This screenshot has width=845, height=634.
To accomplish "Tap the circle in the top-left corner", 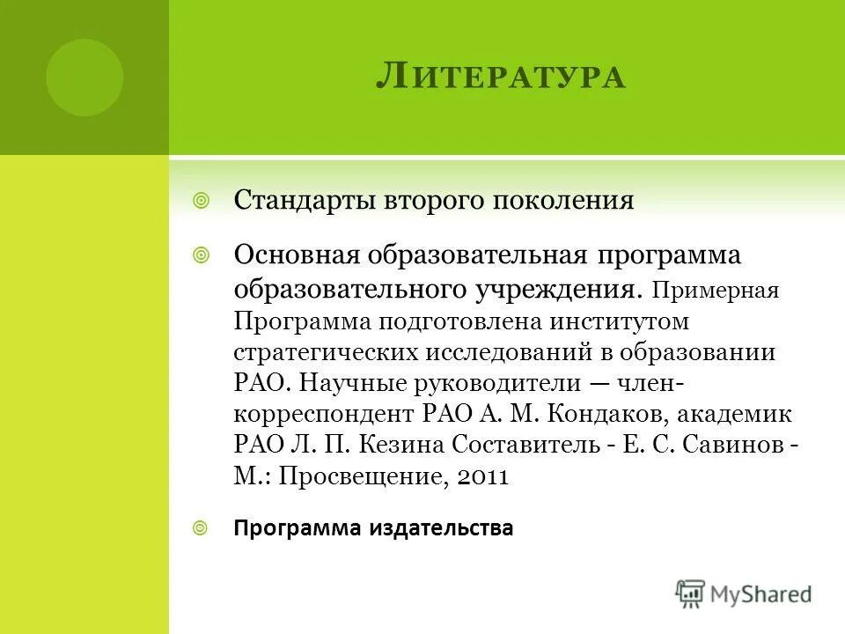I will coord(84,77).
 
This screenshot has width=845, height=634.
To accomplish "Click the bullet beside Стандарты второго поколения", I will coord(201,201).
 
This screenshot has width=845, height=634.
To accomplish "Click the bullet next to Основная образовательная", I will coord(201,255).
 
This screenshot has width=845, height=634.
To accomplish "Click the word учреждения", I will coord(558,290).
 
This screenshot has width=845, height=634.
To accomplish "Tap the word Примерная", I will coord(716,291).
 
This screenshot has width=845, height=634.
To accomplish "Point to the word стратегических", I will coord(327,351).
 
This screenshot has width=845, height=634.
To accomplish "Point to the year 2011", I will coord(484,475).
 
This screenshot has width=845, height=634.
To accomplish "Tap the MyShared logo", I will coord(744,593).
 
